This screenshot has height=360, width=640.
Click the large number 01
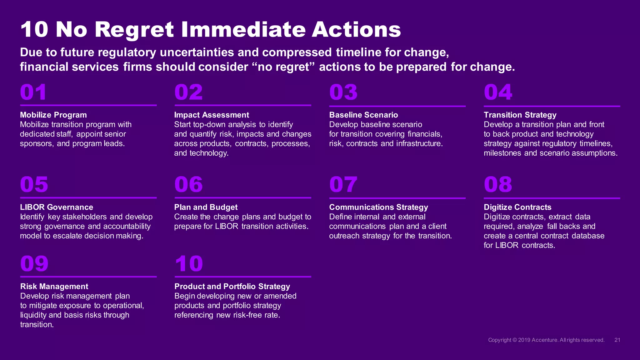point(33,92)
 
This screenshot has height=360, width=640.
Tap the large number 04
point(498,92)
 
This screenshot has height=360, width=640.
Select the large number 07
point(343,184)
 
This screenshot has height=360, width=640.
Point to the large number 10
point(189,264)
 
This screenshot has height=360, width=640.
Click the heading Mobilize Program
point(53,115)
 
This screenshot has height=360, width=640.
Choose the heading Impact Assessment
point(212,115)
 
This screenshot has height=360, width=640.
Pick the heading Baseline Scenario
point(363,115)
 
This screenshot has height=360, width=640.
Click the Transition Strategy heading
point(520,115)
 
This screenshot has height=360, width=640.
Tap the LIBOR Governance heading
point(57,207)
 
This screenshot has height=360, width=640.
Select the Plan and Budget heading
point(206,207)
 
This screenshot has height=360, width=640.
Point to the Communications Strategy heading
point(378,207)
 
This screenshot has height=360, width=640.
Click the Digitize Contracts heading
point(517,207)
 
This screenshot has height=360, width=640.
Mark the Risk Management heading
point(54,287)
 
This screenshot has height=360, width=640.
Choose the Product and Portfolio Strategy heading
point(232,287)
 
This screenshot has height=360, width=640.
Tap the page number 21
point(617,340)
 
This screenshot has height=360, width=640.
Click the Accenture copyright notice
point(546,340)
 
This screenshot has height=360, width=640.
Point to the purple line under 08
point(552,198)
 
